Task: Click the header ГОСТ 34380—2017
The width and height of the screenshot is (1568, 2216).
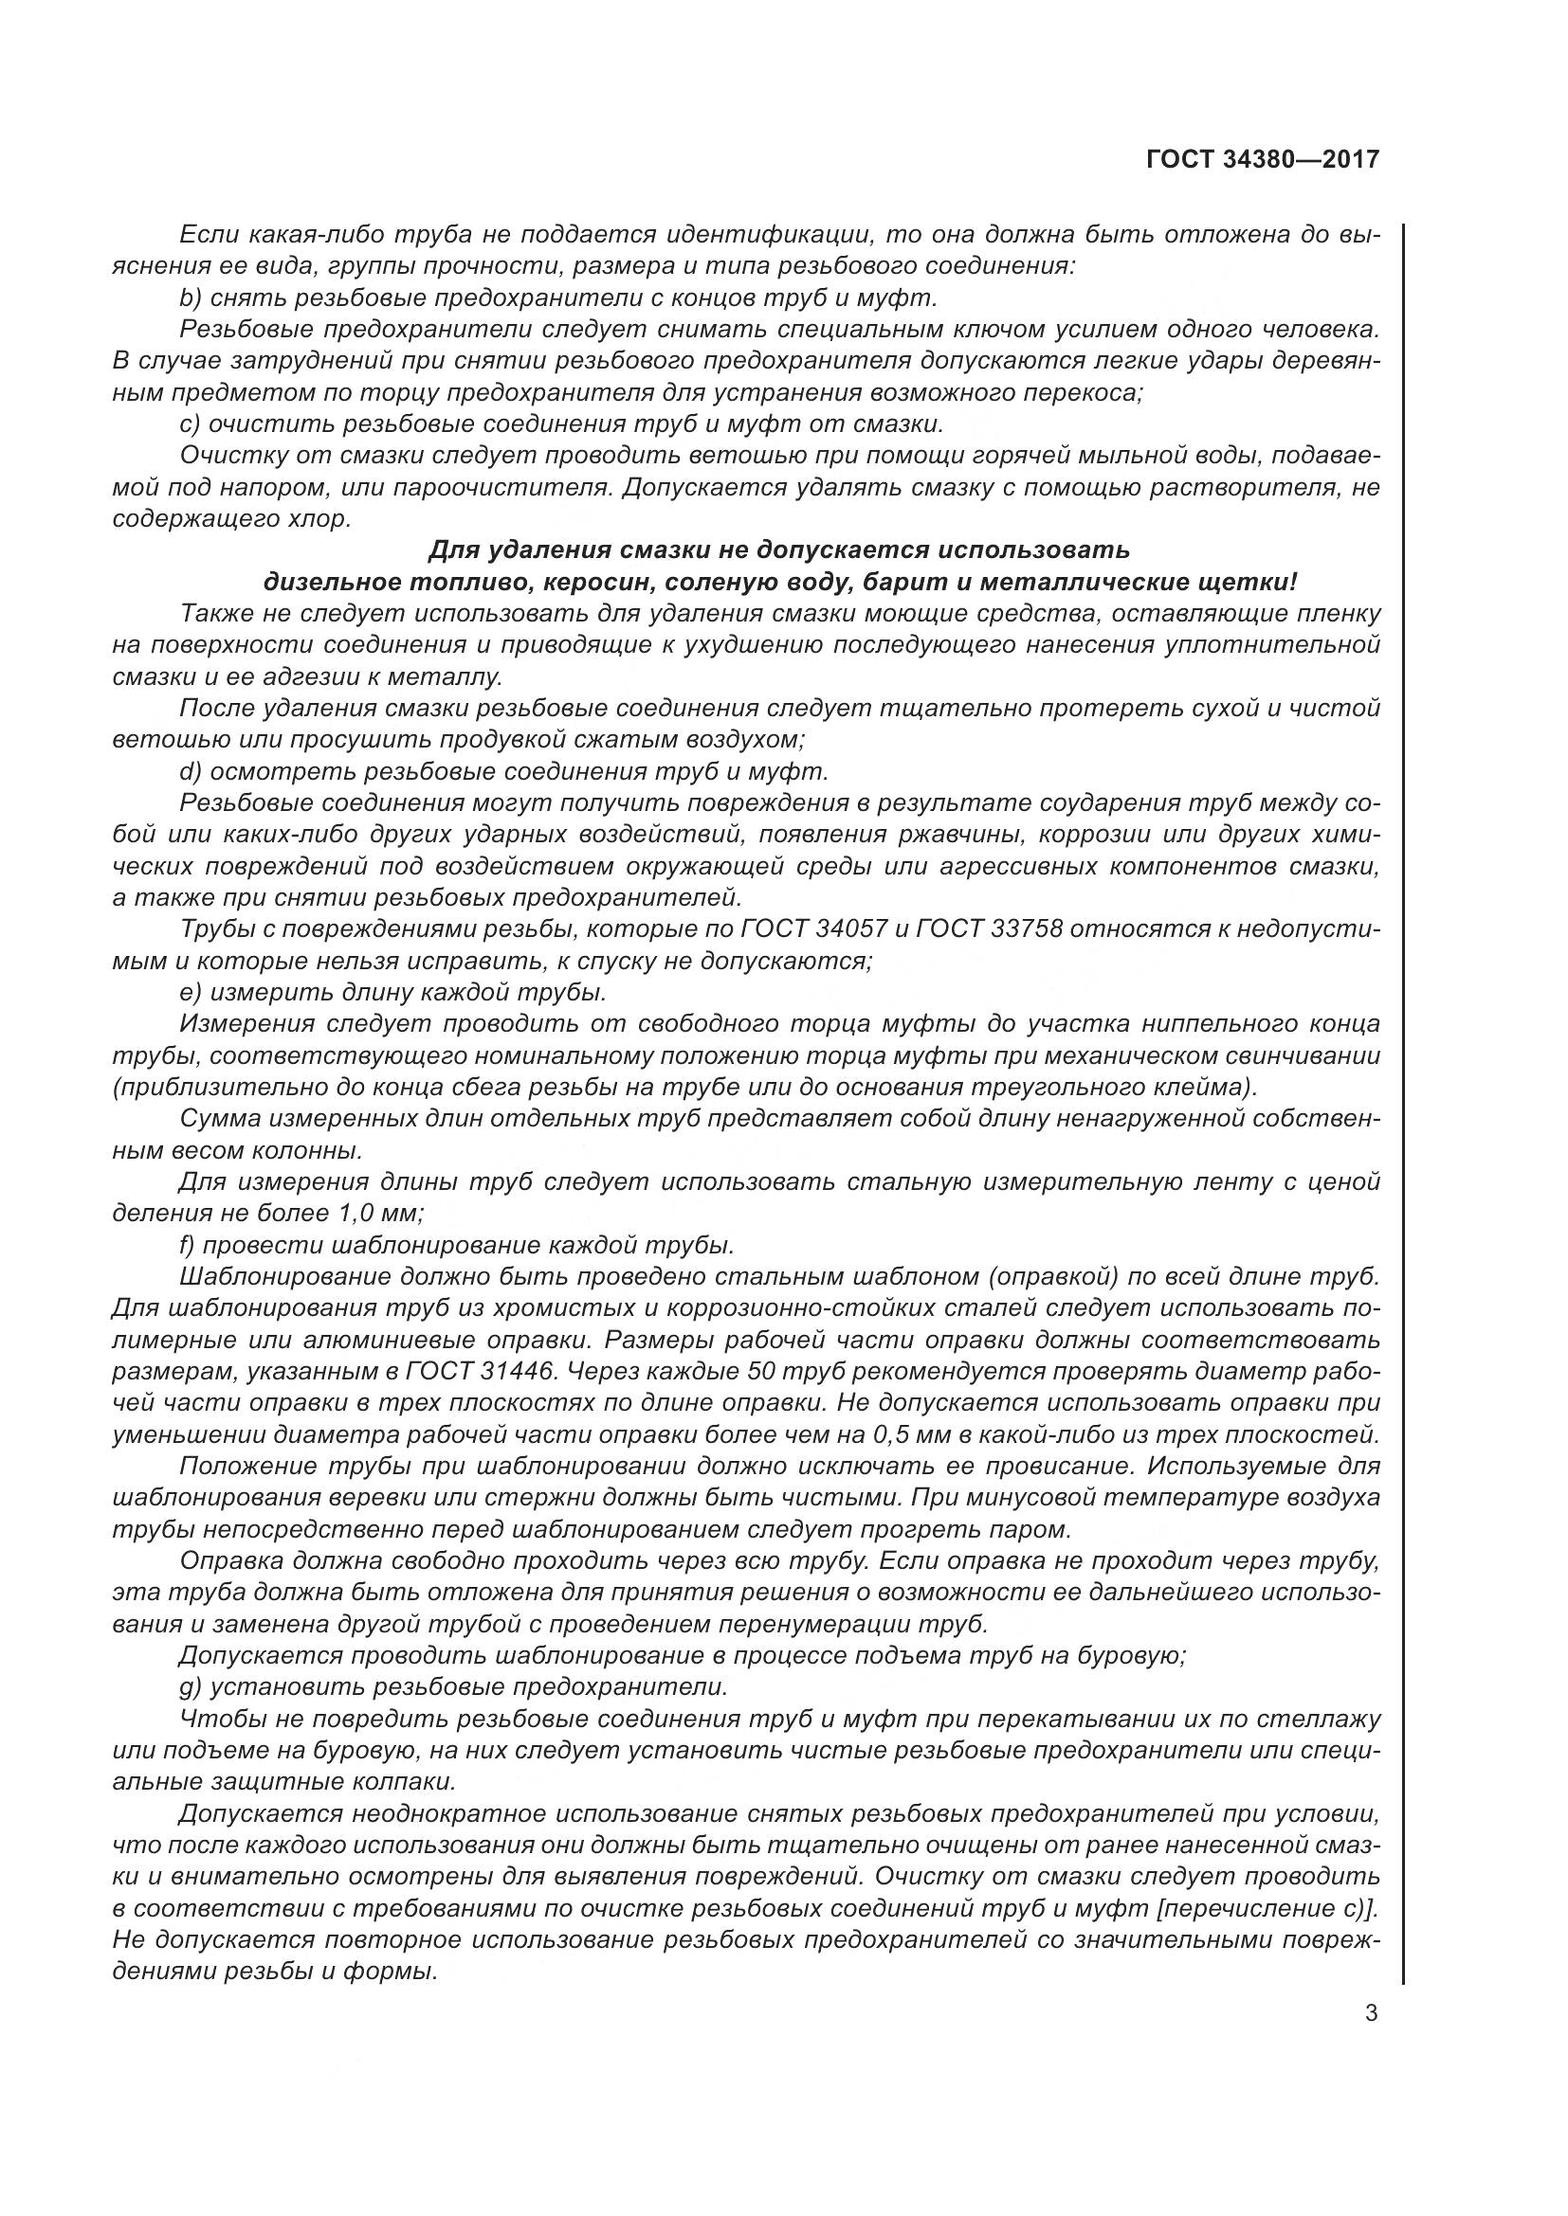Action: [1262, 160]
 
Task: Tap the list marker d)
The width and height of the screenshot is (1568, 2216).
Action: [191, 772]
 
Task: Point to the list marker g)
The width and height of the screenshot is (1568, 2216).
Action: [191, 1688]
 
